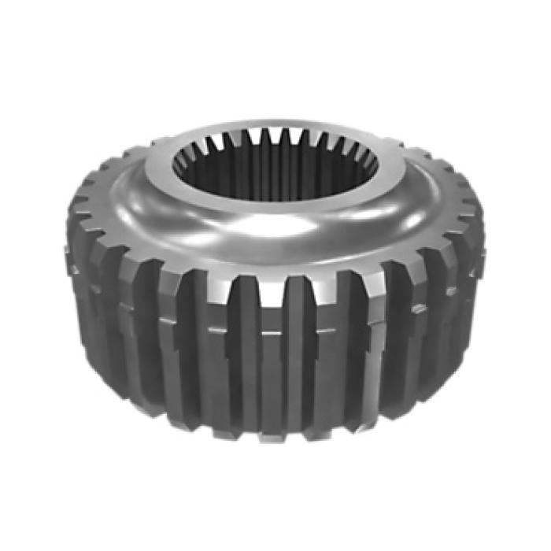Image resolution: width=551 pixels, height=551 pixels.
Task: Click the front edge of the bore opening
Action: pyautogui.click(x=275, y=203)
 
